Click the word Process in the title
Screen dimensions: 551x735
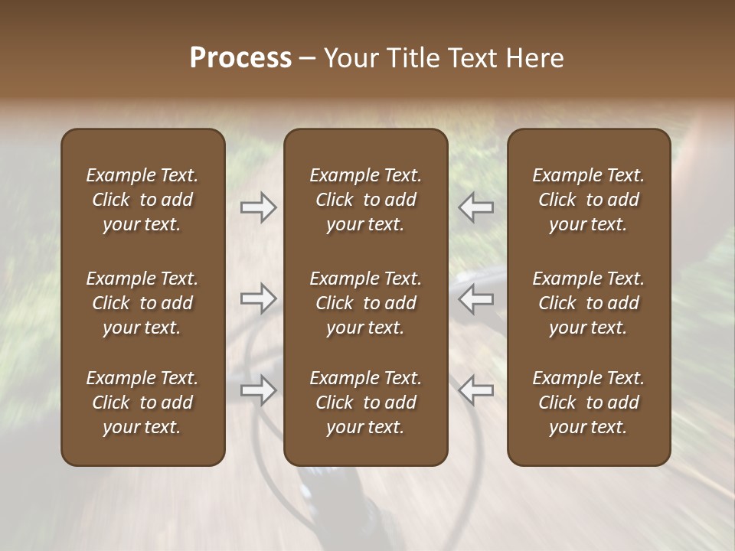(x=240, y=58)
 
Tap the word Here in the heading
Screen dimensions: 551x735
(x=534, y=58)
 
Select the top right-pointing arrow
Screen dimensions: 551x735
(x=258, y=207)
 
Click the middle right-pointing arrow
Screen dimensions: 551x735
(x=258, y=298)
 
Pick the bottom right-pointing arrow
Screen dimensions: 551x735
(x=258, y=390)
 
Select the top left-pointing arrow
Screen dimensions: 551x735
(x=475, y=207)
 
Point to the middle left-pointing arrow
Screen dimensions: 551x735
(x=475, y=298)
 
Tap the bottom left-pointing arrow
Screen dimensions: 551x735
(x=475, y=390)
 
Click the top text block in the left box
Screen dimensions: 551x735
(x=142, y=200)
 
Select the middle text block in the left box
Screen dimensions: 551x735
(x=142, y=303)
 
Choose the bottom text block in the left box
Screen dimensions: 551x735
(x=142, y=403)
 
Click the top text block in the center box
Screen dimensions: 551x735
(x=365, y=200)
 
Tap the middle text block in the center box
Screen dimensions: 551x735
(x=365, y=303)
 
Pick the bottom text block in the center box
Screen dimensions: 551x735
(x=365, y=403)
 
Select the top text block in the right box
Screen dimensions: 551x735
(x=589, y=200)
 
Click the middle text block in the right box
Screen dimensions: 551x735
(x=589, y=303)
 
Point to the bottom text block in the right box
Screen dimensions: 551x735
(x=589, y=403)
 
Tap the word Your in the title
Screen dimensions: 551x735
(x=348, y=58)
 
